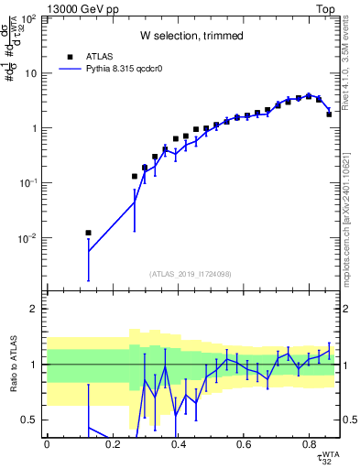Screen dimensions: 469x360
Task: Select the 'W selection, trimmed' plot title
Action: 191,36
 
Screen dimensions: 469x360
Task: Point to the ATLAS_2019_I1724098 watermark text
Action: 191,273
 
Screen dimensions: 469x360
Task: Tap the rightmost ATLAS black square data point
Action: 329,115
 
